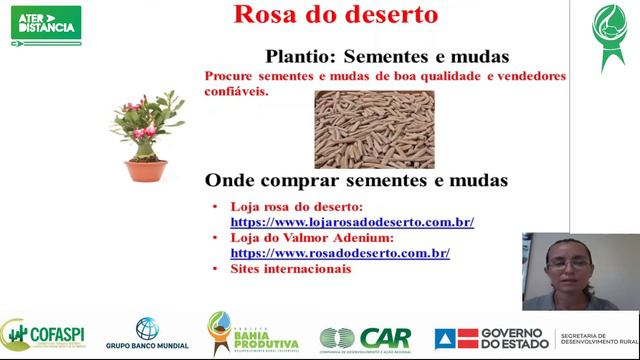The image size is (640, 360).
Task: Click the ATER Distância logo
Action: click(46, 22)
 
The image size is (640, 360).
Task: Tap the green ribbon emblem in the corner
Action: click(606, 35)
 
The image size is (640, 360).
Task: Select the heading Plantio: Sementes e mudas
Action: click(387, 56)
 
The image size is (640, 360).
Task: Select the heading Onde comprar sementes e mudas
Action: click(356, 181)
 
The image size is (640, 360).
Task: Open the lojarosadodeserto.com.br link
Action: click(352, 222)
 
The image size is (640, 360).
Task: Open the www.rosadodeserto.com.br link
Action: click(340, 254)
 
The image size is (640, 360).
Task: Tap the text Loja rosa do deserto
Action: click(299, 206)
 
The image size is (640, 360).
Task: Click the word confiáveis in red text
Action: click(237, 90)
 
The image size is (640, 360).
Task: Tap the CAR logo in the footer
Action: click(364, 338)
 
